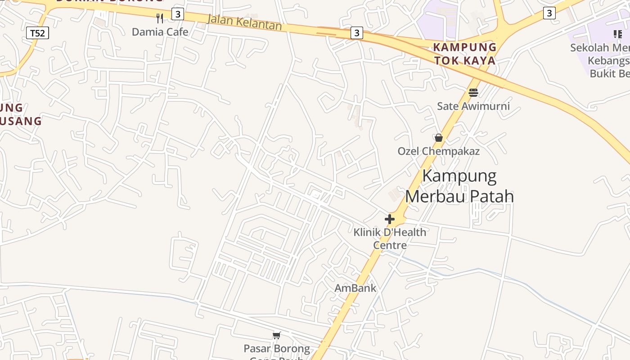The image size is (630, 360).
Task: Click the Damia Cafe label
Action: click(x=160, y=32)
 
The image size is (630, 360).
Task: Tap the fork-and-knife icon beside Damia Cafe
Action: click(x=160, y=18)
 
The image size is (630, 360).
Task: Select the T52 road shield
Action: click(x=38, y=33)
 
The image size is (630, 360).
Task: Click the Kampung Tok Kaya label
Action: click(x=465, y=54)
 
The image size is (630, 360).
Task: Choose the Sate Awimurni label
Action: click(x=473, y=106)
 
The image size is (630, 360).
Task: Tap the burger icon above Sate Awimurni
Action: click(x=473, y=93)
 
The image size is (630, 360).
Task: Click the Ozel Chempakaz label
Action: click(x=438, y=151)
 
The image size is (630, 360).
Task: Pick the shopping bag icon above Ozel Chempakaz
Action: click(x=439, y=138)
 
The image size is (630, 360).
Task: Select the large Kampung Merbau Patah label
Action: click(x=459, y=186)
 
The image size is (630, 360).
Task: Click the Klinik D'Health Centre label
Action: click(x=390, y=238)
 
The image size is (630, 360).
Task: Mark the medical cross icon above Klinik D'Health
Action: click(x=390, y=219)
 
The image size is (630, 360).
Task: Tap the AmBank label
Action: click(x=355, y=288)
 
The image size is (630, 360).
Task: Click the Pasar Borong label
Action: click(x=277, y=349)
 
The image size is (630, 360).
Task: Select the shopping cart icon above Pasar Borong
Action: click(x=277, y=335)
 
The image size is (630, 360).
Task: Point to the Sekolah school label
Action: click(x=600, y=60)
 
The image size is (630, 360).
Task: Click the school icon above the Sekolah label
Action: click(x=617, y=34)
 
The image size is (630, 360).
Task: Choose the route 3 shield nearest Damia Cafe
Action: click(x=178, y=14)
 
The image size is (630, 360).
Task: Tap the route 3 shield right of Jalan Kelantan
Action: click(x=356, y=32)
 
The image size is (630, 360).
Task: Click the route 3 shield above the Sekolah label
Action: click(x=549, y=13)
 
